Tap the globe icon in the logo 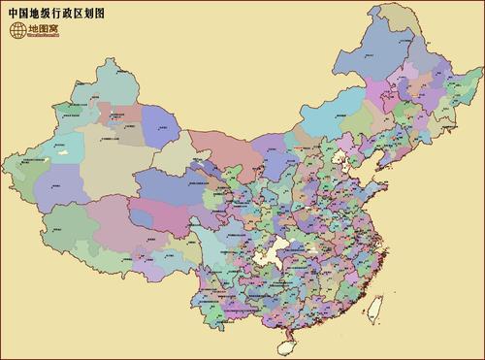[x=17, y=31]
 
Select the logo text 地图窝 [x=42, y=31]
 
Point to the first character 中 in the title [x=13, y=13]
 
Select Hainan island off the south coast [x=288, y=342]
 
